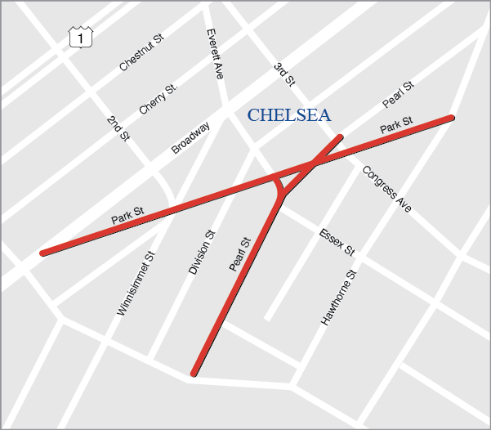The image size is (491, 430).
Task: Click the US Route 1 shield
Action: [x=80, y=37]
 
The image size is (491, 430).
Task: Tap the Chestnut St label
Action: [x=141, y=52]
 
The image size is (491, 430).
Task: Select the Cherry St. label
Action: [x=158, y=98]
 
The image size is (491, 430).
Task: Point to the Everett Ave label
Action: [x=215, y=54]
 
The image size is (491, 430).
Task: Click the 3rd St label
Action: [x=283, y=75]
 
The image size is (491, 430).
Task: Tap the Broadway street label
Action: [x=191, y=138]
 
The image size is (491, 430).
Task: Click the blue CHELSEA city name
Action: [x=289, y=115]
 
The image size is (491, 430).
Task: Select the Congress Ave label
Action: [x=386, y=189]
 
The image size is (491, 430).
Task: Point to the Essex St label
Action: [x=337, y=241]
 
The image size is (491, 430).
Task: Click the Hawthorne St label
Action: [x=339, y=298]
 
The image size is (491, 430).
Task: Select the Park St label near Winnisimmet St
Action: [x=127, y=216]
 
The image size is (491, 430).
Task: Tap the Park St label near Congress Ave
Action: [x=396, y=125]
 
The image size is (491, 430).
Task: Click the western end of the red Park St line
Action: [x=43, y=253]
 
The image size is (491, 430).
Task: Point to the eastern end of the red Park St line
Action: [x=451, y=118]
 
